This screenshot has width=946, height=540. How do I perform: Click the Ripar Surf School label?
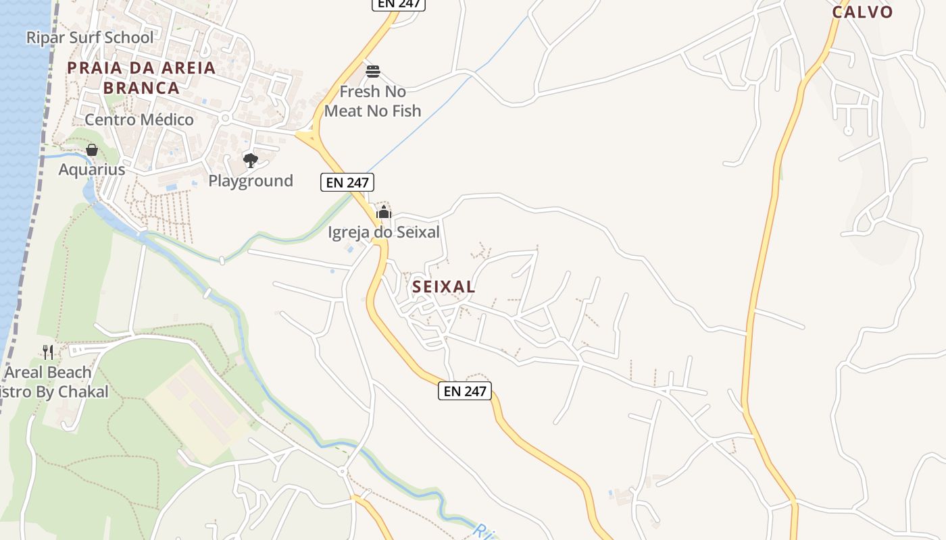tap(90, 38)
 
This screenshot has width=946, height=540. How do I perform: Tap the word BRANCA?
tap(142, 88)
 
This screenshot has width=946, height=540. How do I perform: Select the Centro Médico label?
tap(139, 120)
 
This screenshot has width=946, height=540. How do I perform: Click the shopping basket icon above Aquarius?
tap(92, 150)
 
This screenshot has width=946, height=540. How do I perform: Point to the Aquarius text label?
tap(92, 169)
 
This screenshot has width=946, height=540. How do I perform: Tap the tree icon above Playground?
tap(251, 160)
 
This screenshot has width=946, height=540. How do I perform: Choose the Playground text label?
tap(251, 181)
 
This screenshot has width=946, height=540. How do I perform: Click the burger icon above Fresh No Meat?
tap(373, 71)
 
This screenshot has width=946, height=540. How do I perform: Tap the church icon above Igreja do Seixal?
tap(384, 213)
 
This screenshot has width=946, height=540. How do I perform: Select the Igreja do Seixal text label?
tap(384, 233)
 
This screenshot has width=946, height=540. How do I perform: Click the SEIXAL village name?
tap(444, 287)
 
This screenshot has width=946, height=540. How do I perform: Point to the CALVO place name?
tap(862, 11)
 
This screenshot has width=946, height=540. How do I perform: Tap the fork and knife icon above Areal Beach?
tap(48, 352)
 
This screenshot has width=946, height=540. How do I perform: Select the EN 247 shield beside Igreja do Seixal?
tap(347, 182)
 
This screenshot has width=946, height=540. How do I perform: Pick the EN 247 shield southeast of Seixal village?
tap(464, 391)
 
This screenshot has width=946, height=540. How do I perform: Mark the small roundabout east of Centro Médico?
tap(225, 118)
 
